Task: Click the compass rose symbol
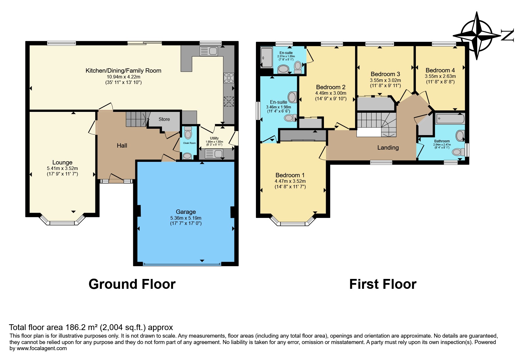(477, 36)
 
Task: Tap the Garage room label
(186, 212)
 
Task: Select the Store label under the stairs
(164, 119)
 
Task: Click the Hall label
(122, 146)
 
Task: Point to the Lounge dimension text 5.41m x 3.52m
(63, 168)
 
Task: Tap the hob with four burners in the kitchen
(229, 78)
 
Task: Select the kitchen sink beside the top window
(209, 51)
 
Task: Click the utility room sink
(214, 153)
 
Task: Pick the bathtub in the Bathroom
(450, 119)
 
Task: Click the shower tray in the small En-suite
(266, 58)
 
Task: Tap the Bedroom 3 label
(385, 74)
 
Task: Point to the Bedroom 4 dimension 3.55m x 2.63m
(440, 76)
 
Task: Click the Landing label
(388, 148)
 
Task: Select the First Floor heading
(383, 284)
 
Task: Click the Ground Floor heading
(132, 284)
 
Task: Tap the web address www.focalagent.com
(42, 348)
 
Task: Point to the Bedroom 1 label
(290, 175)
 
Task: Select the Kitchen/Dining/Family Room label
(123, 71)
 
